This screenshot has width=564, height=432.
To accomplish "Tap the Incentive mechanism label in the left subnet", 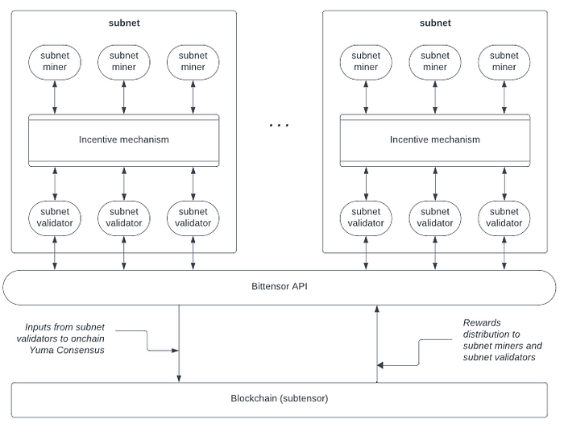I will [124, 139].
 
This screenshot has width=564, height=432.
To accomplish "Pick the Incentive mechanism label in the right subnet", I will [435, 139].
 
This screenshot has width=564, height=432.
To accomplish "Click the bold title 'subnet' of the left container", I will [124, 23].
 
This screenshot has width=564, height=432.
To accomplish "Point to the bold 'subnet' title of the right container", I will [435, 23].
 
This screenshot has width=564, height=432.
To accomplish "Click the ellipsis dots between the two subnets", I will [279, 126].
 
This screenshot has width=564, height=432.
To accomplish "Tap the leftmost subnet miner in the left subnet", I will [55, 61].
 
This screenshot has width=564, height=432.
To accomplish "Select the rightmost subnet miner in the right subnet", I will [504, 61].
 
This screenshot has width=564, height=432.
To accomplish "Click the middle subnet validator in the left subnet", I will [124, 217].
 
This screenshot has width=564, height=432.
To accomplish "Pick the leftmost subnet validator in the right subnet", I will [366, 217].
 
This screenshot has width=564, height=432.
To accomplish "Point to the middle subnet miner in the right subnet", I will [435, 61].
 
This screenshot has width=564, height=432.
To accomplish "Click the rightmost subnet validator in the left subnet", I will [193, 217].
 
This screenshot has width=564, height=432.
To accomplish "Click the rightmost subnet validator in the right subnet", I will [504, 217].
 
